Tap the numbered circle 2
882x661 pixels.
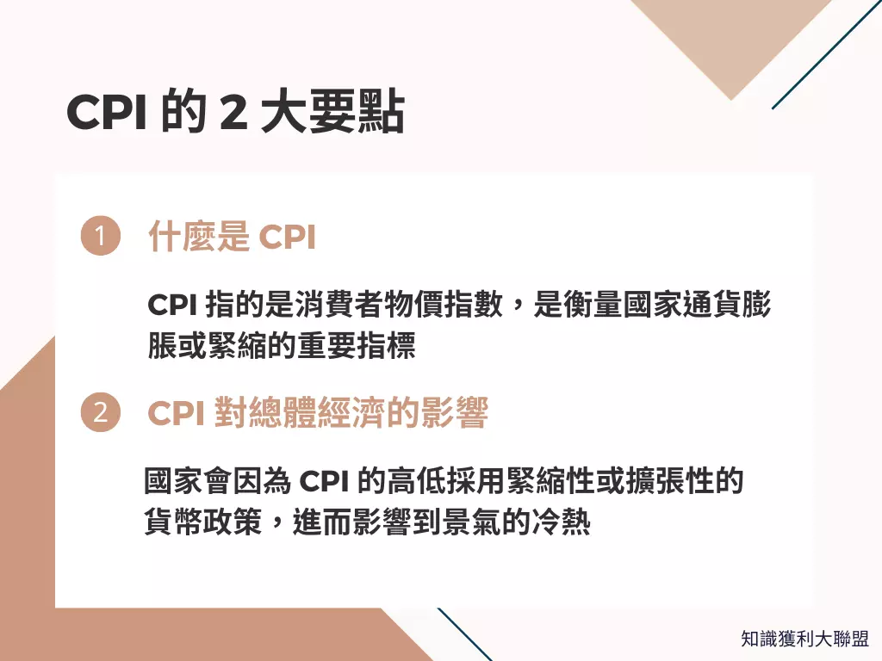100,413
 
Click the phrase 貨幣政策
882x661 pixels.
202,522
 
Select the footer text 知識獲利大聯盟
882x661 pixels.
805,639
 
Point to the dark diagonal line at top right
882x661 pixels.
825,55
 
